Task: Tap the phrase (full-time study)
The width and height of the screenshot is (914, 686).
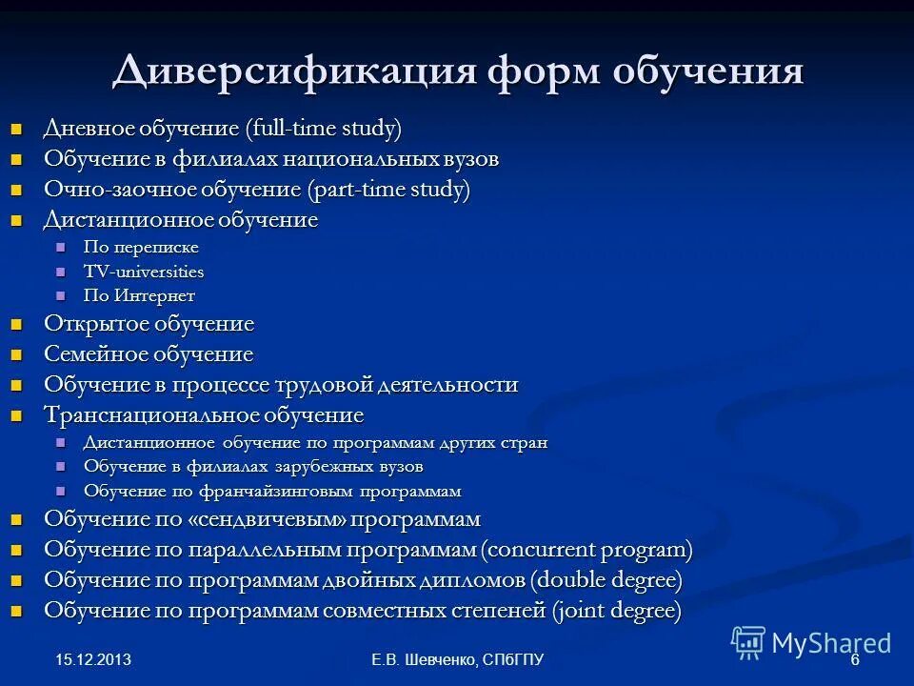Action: click(x=323, y=129)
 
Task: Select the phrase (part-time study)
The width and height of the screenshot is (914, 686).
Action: click(x=388, y=190)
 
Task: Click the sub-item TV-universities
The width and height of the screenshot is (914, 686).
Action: click(x=144, y=272)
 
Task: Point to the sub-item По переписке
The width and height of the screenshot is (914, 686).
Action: click(x=141, y=248)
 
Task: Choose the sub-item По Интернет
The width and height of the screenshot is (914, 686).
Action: click(x=139, y=296)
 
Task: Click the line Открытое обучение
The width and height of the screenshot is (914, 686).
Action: click(x=149, y=324)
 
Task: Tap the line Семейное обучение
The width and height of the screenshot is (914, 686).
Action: click(x=149, y=355)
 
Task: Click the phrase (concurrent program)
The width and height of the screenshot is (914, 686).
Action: click(x=586, y=551)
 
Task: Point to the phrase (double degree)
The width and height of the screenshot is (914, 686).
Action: click(x=606, y=581)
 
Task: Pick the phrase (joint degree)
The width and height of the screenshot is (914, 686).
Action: click(x=617, y=612)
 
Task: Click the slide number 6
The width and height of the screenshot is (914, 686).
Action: click(x=854, y=660)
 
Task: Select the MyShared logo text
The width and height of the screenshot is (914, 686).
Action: click(x=830, y=643)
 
